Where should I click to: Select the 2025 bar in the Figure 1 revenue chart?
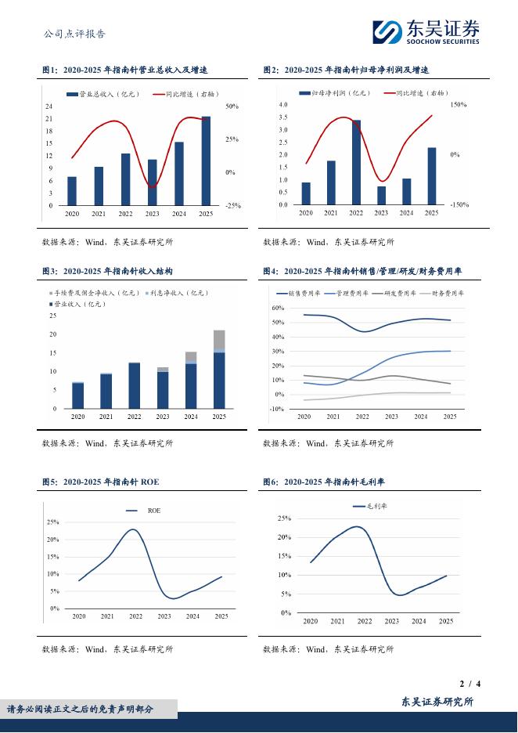tap(206, 161)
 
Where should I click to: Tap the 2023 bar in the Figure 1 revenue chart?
tap(152, 182)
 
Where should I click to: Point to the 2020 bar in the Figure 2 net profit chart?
tap(305, 193)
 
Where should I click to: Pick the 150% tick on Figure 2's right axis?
tap(459, 105)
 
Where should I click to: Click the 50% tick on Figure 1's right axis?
tap(232, 106)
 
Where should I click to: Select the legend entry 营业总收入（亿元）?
tap(107, 95)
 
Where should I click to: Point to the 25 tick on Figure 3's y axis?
tap(52, 316)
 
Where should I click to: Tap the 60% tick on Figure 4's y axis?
tap(277, 309)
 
